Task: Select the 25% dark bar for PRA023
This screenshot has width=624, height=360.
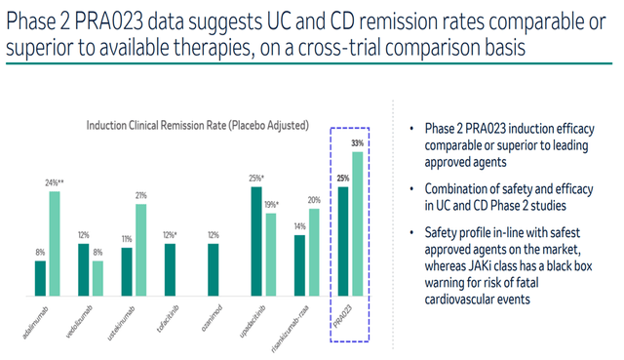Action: pos(343,240)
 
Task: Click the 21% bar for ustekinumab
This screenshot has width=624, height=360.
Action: pos(142,249)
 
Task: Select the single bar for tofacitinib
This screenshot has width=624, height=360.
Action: pos(171,268)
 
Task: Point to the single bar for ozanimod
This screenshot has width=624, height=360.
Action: pos(214,268)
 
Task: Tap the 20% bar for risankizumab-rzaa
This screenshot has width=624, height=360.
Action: pos(314,251)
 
